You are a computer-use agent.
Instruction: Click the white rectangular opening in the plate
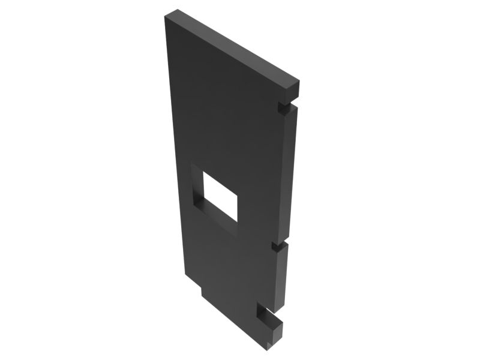[x=221, y=194]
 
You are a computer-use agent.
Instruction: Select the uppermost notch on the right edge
[x=281, y=106]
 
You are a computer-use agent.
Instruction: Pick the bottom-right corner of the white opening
[x=238, y=220]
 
